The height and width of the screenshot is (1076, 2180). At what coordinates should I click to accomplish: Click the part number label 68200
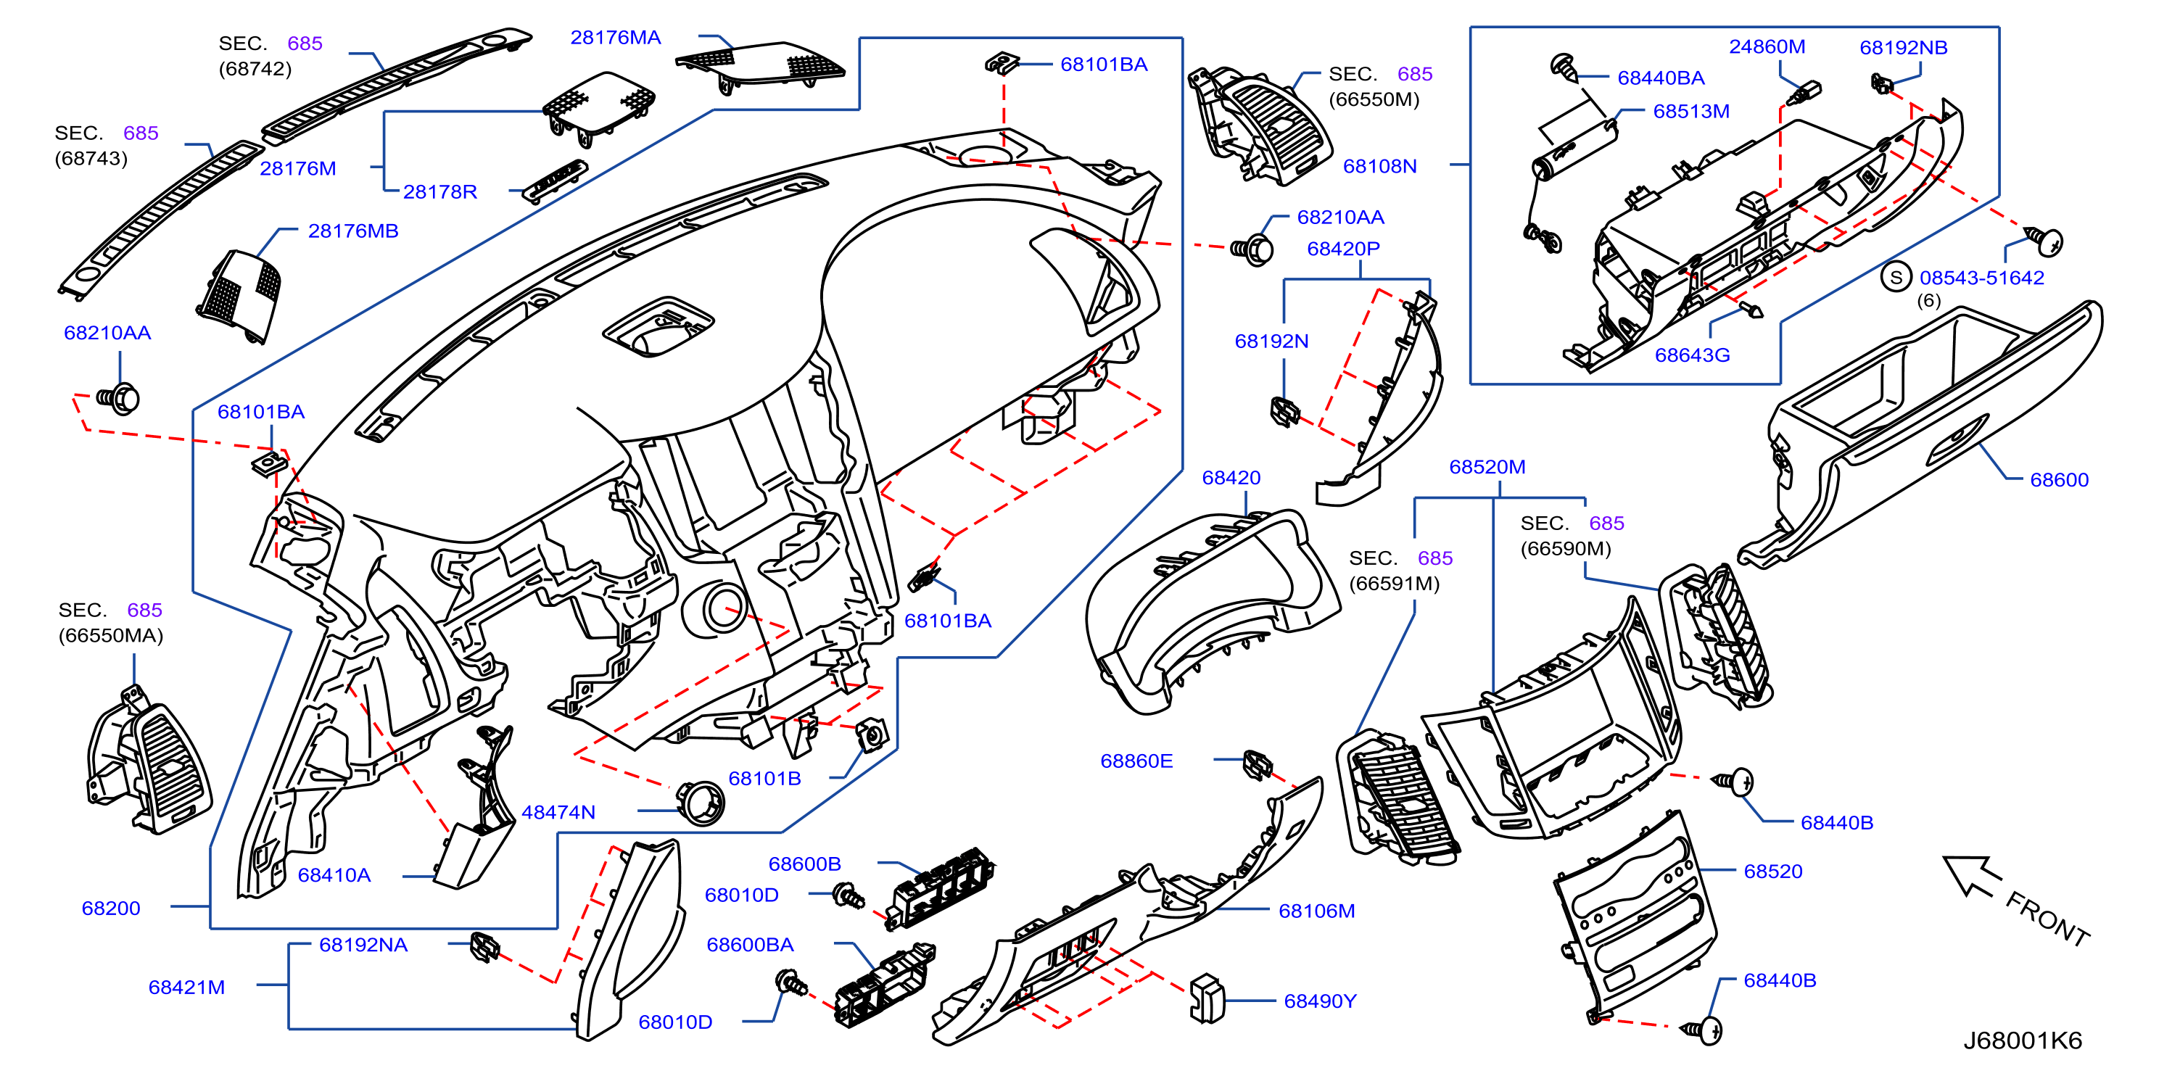(x=111, y=909)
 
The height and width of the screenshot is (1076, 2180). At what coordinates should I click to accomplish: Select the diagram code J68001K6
(x=2023, y=1040)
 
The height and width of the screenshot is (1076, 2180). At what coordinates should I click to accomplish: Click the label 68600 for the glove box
(x=2059, y=480)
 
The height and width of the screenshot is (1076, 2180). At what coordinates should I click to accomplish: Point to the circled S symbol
(x=1896, y=277)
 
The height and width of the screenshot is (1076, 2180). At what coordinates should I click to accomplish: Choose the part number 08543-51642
(x=1981, y=278)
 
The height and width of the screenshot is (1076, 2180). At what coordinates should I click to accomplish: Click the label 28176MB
(x=353, y=231)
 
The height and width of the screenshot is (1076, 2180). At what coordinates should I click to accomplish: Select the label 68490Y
(x=1319, y=1001)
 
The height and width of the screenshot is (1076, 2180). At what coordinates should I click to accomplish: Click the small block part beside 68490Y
(x=1207, y=999)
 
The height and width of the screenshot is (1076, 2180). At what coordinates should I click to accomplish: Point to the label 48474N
(x=558, y=812)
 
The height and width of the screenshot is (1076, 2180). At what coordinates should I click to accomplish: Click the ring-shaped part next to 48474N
(x=700, y=802)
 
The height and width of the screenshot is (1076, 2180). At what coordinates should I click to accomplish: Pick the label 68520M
(x=1487, y=467)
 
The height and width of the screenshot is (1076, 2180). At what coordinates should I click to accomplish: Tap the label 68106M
(x=1316, y=911)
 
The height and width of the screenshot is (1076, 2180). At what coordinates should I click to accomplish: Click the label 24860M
(x=1767, y=46)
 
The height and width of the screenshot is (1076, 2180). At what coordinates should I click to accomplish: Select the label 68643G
(x=1692, y=355)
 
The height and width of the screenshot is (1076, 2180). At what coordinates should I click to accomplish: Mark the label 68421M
(x=186, y=988)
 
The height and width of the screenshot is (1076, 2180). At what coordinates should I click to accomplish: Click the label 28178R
(x=439, y=192)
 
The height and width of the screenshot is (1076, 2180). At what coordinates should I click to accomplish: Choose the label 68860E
(x=1136, y=761)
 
